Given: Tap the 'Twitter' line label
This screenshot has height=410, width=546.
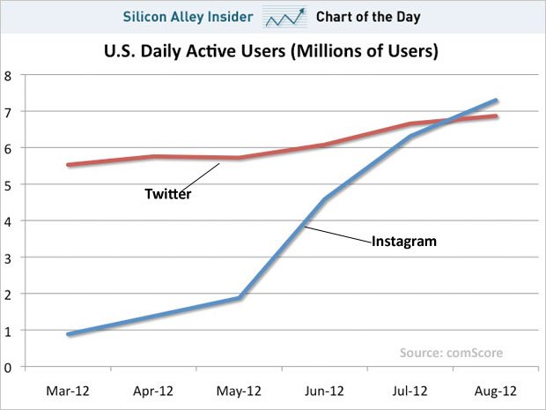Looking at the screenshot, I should point(167,194).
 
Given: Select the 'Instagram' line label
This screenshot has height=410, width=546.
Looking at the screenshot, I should point(404,240).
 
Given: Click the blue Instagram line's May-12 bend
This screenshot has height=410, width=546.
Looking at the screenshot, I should point(240,298).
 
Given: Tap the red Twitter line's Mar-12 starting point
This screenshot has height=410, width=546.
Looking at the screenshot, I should point(69,165).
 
